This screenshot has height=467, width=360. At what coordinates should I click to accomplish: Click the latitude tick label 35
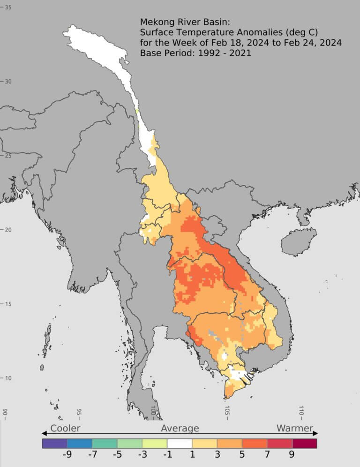(8, 7)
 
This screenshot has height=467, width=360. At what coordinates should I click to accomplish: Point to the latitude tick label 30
(8, 81)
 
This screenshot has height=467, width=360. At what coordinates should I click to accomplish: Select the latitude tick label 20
(8, 230)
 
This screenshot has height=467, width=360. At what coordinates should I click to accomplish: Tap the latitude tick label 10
(8, 378)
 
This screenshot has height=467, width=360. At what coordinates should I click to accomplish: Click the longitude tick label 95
(79, 412)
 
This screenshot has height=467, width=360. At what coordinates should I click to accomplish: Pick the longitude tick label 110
(301, 412)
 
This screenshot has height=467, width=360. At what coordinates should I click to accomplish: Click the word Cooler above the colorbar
(65, 428)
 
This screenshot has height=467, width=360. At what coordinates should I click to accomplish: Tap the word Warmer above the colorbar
(294, 428)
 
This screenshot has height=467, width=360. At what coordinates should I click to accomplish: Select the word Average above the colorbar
(180, 428)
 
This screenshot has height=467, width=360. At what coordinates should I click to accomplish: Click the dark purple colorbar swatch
(54, 443)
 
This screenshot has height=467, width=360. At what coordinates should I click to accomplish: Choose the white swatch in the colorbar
(180, 443)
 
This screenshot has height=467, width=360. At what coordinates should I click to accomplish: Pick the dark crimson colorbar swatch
(304, 443)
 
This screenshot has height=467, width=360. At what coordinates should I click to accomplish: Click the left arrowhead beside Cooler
(44, 433)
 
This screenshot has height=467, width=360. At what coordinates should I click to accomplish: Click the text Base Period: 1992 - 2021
(195, 53)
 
